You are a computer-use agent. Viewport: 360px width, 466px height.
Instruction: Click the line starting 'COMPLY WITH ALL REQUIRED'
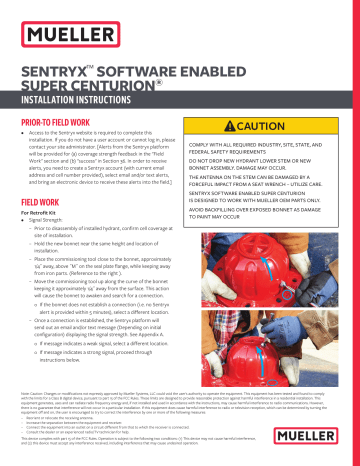(271, 147)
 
